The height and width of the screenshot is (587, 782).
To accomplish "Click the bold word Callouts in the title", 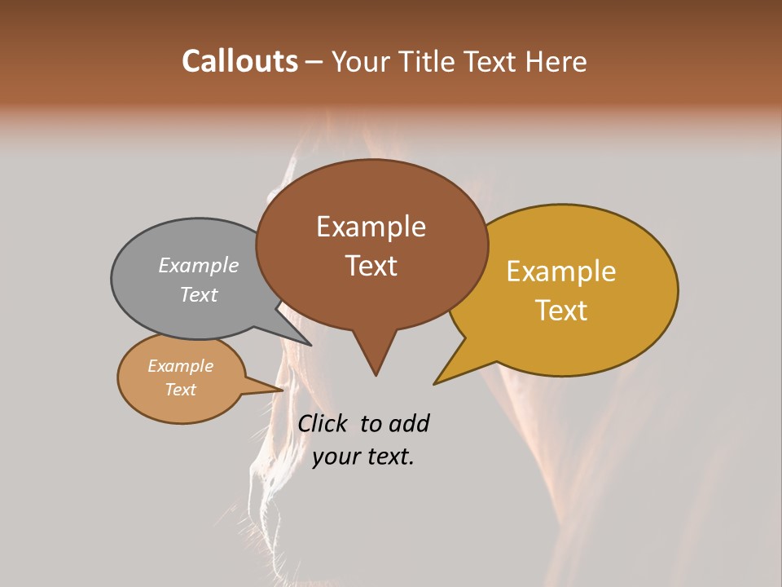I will (x=239, y=61).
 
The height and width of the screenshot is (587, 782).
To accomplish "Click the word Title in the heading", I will (x=428, y=61).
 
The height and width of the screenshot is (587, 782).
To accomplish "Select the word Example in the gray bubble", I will (x=199, y=266).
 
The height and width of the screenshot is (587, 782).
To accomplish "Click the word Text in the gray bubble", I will (x=199, y=294).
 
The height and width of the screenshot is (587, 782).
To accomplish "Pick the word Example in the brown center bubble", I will (x=371, y=227).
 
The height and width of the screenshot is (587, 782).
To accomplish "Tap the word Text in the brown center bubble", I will (x=371, y=266).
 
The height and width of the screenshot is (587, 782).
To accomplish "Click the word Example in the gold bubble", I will (x=561, y=271).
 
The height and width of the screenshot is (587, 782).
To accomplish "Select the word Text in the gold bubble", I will (x=561, y=311).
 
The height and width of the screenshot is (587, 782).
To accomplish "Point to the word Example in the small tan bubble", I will (x=180, y=366).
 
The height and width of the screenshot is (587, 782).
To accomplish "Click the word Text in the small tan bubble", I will (x=180, y=390).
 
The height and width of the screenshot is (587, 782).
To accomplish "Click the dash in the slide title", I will (x=314, y=62).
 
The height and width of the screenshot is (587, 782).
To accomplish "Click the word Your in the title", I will (x=361, y=61).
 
